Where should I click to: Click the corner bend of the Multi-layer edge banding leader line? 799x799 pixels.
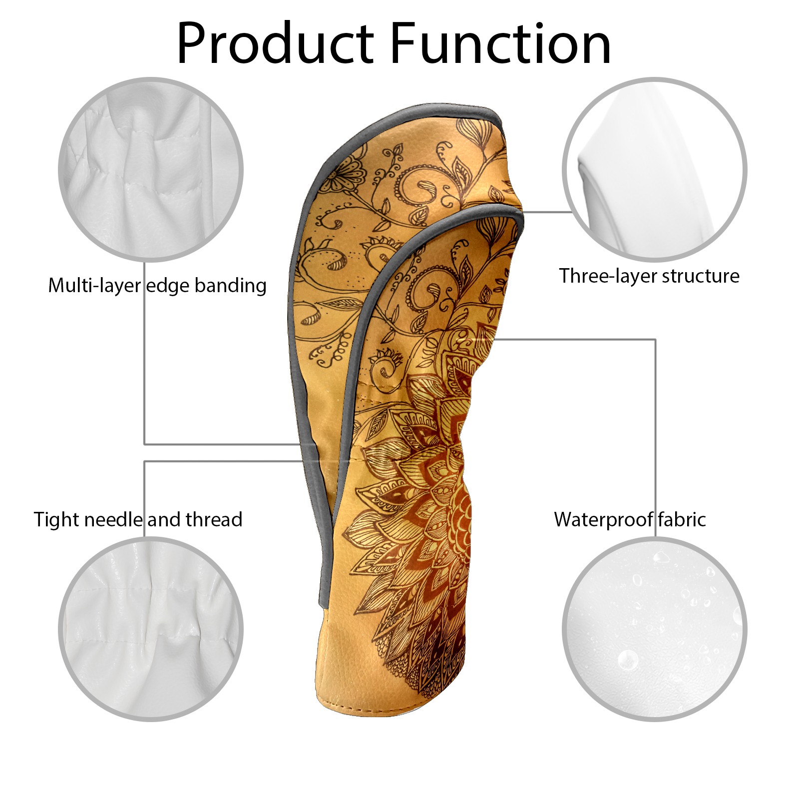point(145,444)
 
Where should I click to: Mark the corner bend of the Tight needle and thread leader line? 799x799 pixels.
point(145,461)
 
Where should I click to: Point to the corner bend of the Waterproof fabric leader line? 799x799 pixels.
point(655,340)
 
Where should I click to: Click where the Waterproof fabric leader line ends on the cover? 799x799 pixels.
point(494,340)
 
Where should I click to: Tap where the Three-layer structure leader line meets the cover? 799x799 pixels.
point(522,212)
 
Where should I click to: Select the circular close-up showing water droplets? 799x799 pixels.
point(655,629)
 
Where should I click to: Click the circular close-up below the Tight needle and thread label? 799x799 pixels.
point(151,629)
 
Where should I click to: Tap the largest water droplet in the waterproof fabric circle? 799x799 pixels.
point(628,660)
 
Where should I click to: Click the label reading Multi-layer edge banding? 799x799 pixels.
point(157,286)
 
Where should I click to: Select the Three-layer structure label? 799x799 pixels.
point(649,276)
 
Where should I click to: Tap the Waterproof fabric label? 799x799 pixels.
point(630,520)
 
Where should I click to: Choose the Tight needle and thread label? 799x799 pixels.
point(138,520)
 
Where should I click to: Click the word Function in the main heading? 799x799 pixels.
point(500,43)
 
